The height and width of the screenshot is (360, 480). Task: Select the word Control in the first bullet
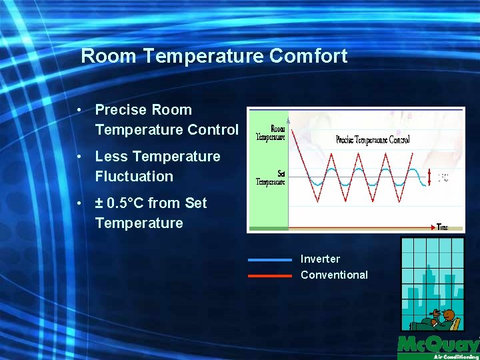point(213,130)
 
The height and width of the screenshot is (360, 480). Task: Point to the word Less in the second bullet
point(111,157)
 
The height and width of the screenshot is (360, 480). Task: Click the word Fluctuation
point(134,177)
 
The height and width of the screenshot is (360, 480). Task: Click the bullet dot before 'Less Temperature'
point(79,157)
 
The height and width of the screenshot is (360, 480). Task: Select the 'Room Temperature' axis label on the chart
point(271,133)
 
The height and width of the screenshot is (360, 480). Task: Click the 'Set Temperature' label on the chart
point(271,177)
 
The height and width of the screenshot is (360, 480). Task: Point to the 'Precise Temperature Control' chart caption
point(373,140)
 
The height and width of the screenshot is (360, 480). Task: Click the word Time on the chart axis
point(443,227)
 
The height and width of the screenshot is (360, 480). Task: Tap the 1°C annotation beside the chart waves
point(443,178)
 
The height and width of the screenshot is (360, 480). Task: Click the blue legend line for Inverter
point(270,259)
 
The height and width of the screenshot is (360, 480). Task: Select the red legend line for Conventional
point(270,275)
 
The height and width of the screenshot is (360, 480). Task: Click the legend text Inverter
point(320,259)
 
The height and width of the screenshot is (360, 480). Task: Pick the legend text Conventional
point(334,275)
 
